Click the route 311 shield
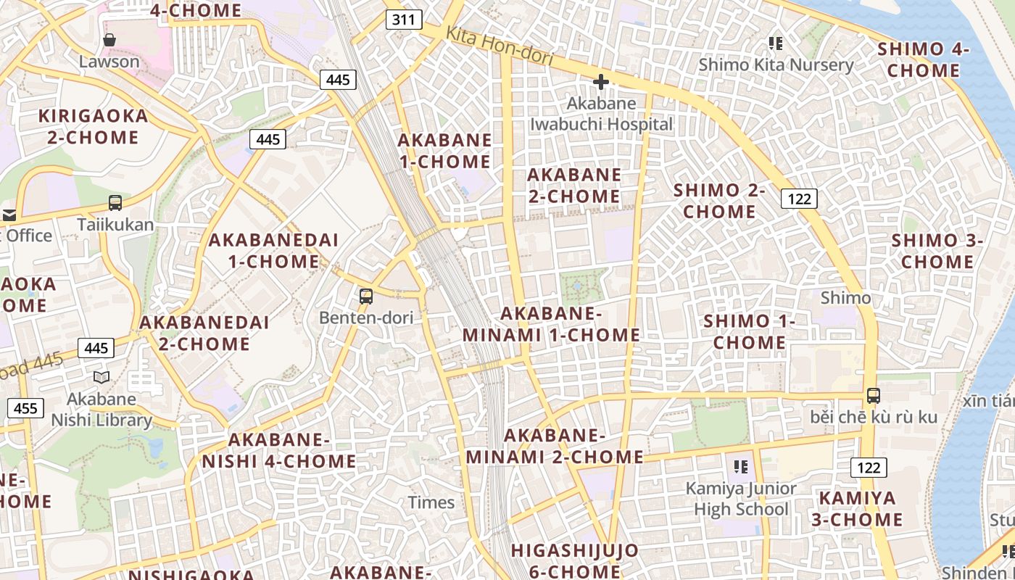[x=403, y=20]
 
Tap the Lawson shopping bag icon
[x=109, y=39]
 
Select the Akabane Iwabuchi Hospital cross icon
[x=600, y=82]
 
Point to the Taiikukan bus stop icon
[x=115, y=203]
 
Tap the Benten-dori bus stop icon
[x=366, y=296]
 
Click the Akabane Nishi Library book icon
[x=101, y=377]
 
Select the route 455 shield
[x=25, y=408]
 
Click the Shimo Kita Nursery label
[x=776, y=65]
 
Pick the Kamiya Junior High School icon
[x=740, y=466]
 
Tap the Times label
[x=431, y=502]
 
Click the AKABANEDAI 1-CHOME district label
[x=273, y=251]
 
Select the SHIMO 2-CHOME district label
[x=719, y=201]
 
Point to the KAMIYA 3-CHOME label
[x=861, y=509]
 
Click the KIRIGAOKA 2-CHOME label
[x=93, y=126]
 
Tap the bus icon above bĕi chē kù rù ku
[x=874, y=396]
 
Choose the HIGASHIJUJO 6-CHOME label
[x=574, y=560]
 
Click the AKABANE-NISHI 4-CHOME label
[x=279, y=450]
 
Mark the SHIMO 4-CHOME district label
[x=923, y=59]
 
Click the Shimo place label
[x=845, y=298]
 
